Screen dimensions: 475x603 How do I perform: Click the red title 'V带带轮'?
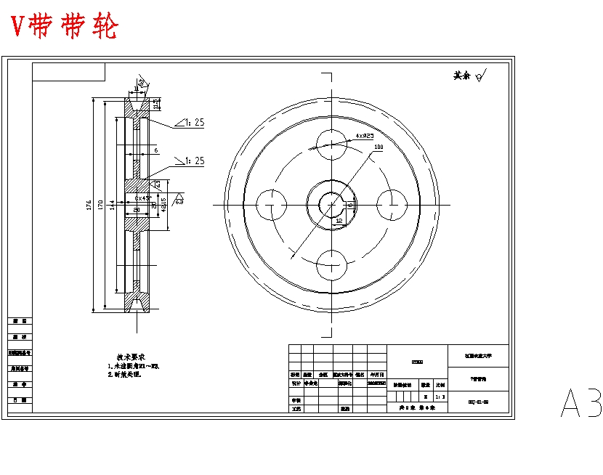pyautogui.click(x=65, y=26)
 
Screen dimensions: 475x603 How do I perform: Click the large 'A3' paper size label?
pyautogui.click(x=581, y=403)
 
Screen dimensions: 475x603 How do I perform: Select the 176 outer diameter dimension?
pyautogui.click(x=88, y=204)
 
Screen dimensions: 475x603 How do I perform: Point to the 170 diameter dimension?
pyautogui.click(x=101, y=204)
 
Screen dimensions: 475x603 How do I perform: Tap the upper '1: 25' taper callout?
pyautogui.click(x=193, y=123)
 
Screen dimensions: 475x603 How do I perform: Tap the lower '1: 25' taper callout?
pyautogui.click(x=193, y=161)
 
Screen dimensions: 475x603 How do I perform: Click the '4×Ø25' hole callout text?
pyautogui.click(x=365, y=135)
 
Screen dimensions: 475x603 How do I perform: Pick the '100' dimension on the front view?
pyautogui.click(x=379, y=147)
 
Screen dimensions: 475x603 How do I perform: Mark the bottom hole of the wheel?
pyautogui.click(x=331, y=265)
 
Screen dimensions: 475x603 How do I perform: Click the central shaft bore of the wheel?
pyautogui.click(x=331, y=204)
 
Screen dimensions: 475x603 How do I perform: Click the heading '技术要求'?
pyautogui.click(x=131, y=357)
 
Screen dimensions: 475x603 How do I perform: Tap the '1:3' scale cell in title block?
pyautogui.click(x=439, y=397)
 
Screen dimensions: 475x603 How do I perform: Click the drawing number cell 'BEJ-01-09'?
pyautogui.click(x=479, y=401)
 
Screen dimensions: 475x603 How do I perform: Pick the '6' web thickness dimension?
pyautogui.click(x=155, y=150)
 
